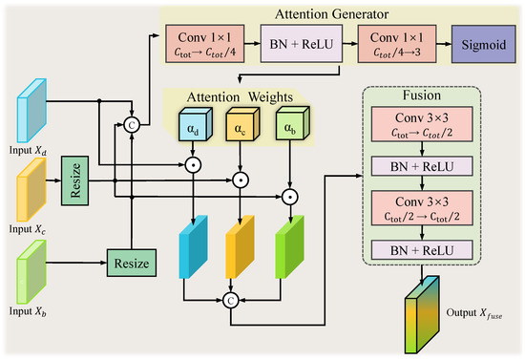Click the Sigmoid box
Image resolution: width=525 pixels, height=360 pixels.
(484, 44)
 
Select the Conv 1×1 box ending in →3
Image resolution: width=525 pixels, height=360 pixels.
(397, 44)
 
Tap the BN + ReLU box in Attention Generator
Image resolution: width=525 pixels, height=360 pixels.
(302, 44)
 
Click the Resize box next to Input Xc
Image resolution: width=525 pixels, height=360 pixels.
(75, 180)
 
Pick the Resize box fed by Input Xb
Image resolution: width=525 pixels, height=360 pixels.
(132, 263)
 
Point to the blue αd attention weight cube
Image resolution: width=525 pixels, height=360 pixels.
(196, 124)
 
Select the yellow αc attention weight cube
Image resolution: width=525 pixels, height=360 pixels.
(242, 124)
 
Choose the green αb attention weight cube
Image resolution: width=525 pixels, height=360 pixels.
(293, 123)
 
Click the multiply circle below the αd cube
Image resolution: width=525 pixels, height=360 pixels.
(193, 165)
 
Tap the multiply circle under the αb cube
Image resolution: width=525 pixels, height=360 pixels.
(290, 197)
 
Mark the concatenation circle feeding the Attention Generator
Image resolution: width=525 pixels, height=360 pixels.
(132, 125)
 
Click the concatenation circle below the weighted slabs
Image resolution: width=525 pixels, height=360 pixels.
(231, 301)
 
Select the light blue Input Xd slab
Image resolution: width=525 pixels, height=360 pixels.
(31, 111)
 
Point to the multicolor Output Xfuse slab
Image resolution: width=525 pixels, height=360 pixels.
(422, 315)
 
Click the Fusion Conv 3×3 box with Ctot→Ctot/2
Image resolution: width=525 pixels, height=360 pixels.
(422, 124)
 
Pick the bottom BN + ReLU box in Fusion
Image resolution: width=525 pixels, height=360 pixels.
(422, 250)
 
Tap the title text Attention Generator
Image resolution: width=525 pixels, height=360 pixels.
(332, 14)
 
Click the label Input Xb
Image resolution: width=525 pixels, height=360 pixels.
(28, 311)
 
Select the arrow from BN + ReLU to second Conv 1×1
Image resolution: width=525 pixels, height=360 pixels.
(350, 43)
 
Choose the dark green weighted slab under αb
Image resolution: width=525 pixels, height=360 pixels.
(290, 246)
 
